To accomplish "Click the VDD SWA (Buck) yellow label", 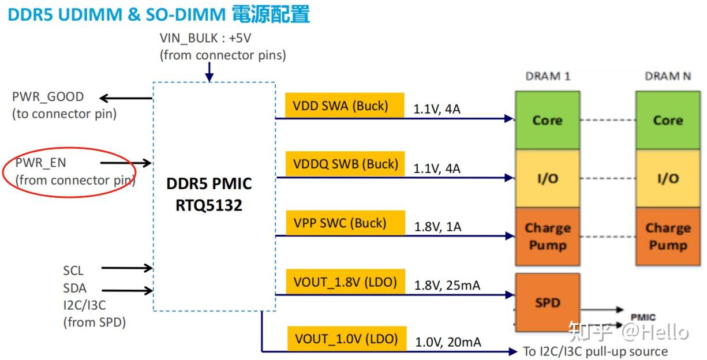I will (344, 106).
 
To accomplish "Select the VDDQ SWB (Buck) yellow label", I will (345, 164).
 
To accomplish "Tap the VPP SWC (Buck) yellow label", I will (344, 223).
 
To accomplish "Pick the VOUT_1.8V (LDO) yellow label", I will (345, 282).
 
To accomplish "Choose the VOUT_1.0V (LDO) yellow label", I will (346, 339).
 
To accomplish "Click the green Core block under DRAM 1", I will (547, 120).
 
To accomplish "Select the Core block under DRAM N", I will (667, 120).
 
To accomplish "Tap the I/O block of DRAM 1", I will (547, 179).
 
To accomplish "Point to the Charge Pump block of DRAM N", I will (667, 237).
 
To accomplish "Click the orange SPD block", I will (547, 302).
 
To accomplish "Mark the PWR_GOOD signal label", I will (48, 97).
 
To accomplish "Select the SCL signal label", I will (73, 270).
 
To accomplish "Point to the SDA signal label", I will (75, 288).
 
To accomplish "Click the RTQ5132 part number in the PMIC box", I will (209, 205).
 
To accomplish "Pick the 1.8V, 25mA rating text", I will (447, 285).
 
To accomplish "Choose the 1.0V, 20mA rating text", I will (448, 342).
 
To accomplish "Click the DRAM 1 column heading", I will (548, 76).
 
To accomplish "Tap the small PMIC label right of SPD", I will (643, 317).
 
